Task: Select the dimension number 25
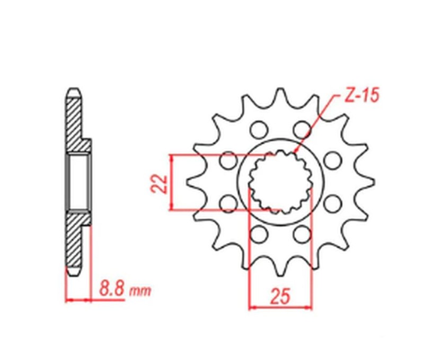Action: (280, 297)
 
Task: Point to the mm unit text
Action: (140, 291)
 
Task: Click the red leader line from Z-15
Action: (315, 125)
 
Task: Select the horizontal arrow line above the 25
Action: (280, 307)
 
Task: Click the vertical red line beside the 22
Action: (172, 182)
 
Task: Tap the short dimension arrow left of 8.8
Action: (78, 300)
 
